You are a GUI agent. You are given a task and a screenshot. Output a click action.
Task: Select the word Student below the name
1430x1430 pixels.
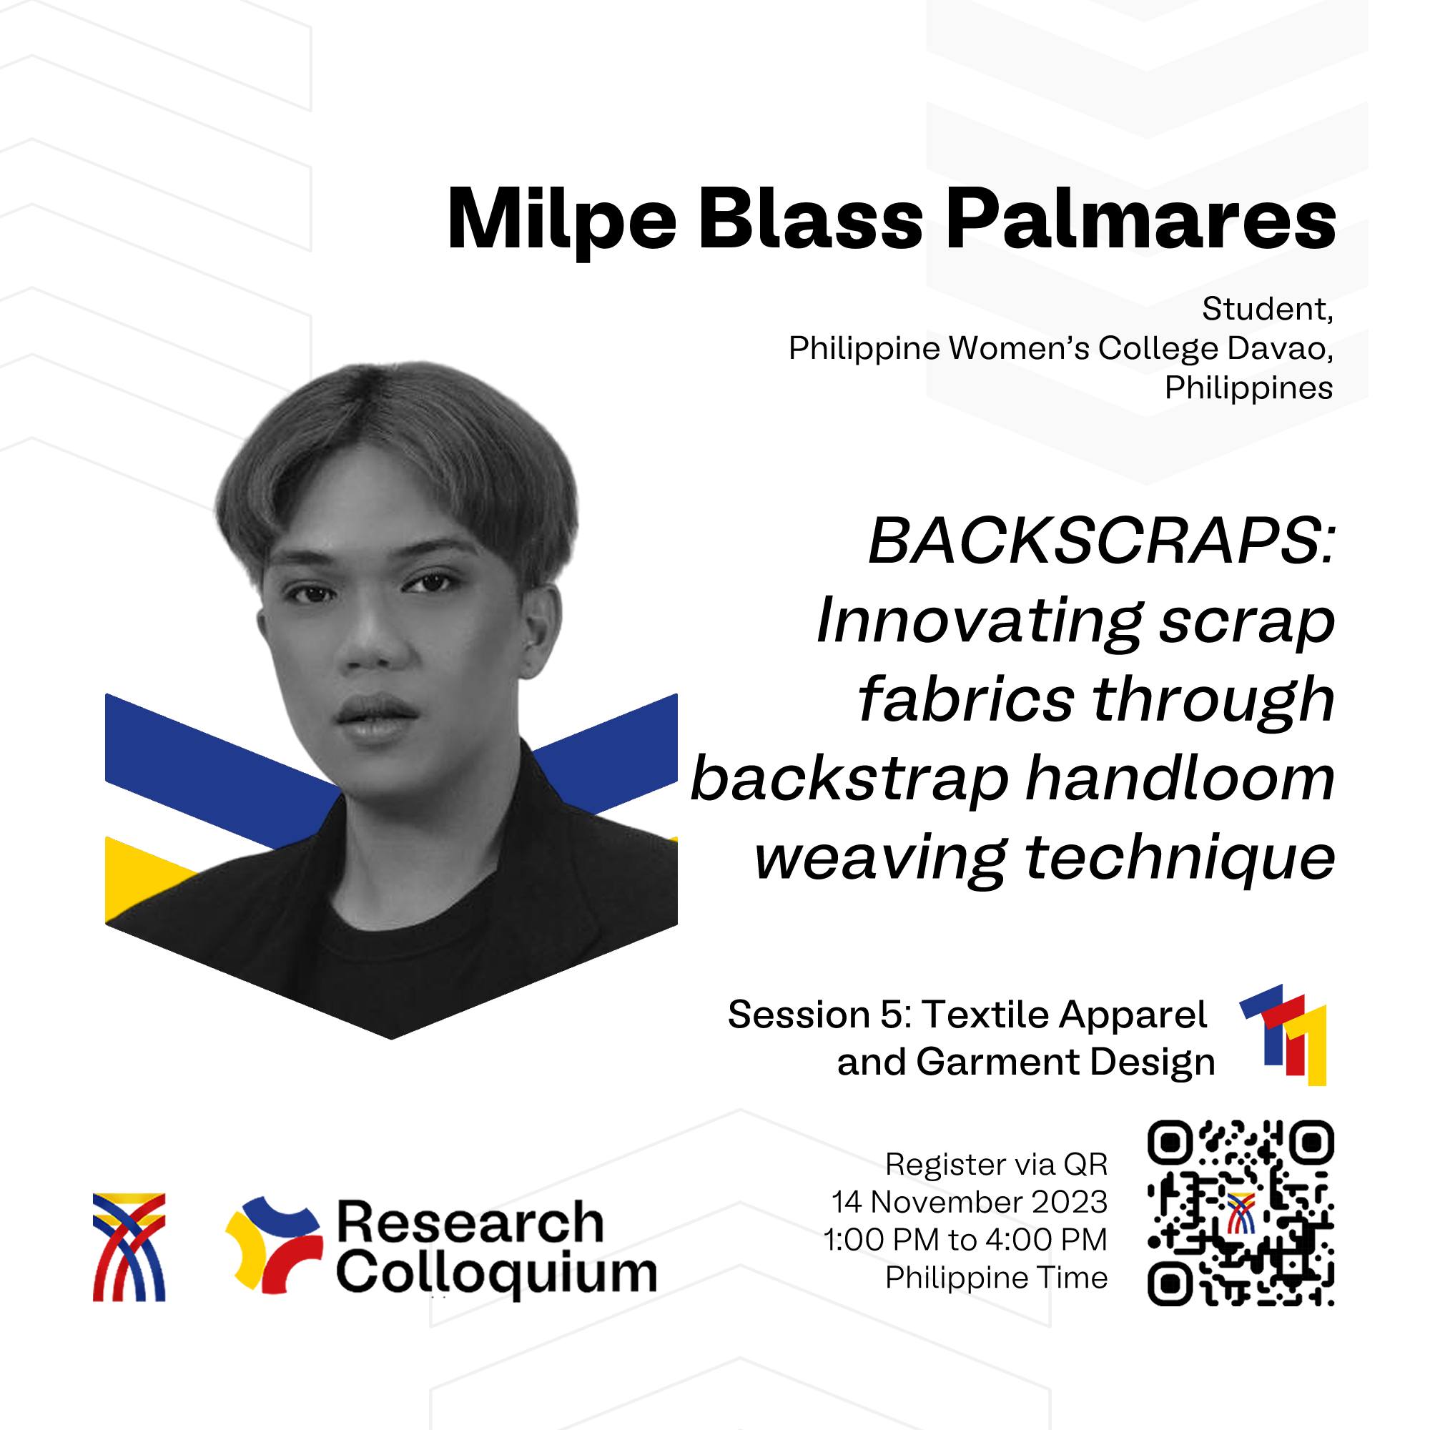pos(1267,309)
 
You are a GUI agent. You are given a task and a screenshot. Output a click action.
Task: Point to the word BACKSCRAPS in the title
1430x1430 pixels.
pos(1100,541)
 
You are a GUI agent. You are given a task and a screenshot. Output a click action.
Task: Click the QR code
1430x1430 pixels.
pos(1241,1213)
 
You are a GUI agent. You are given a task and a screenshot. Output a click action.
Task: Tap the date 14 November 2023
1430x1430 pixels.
pos(970,1202)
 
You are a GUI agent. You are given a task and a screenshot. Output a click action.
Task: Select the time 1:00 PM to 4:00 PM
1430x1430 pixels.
pos(965,1240)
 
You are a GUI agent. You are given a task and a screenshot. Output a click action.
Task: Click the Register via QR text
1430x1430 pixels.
pos(996,1164)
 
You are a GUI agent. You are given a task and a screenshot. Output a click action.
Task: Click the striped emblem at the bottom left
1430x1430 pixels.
pos(129,1246)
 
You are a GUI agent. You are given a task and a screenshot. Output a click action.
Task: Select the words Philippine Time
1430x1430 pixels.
pos(996,1278)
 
